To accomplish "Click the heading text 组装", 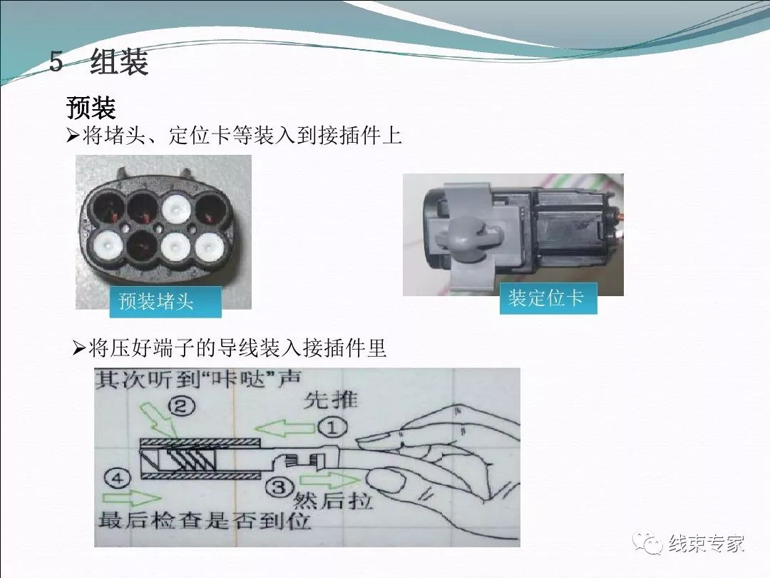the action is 119,62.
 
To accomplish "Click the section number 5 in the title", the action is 56,62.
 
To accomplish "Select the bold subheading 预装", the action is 91,108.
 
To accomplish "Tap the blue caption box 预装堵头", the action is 165,301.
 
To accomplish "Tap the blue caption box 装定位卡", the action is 548,298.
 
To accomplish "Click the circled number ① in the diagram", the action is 332,427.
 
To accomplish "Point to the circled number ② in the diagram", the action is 181,407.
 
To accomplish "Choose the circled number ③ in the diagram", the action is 279,487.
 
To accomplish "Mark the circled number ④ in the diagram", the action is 118,478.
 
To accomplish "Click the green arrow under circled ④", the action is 132,498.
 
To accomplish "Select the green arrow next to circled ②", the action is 158,421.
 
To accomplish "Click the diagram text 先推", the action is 330,400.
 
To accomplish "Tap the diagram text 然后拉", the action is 332,501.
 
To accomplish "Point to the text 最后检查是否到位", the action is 205,520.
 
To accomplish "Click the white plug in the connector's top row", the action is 176,208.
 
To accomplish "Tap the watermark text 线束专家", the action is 706,544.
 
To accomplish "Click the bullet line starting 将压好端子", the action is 230,348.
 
